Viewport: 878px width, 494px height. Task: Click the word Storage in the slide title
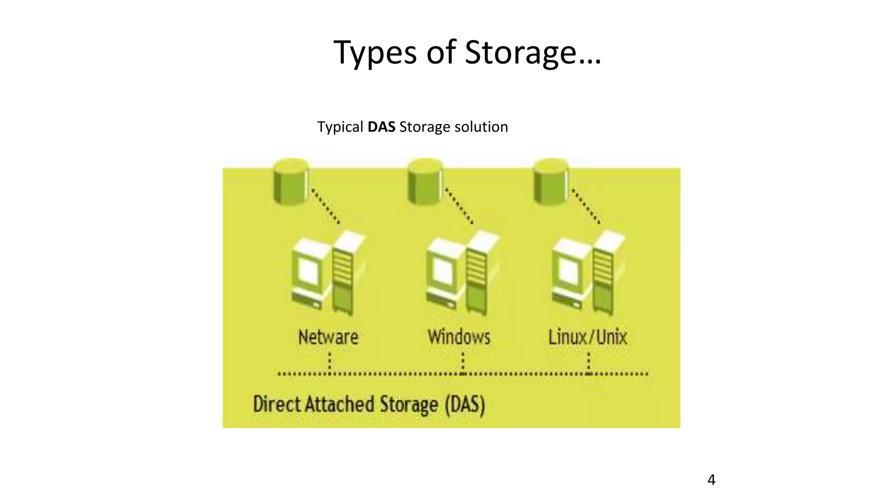tap(520, 52)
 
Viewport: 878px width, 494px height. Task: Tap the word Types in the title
tap(375, 52)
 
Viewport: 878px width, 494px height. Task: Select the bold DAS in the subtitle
tap(381, 127)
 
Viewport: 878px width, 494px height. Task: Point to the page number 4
tap(711, 479)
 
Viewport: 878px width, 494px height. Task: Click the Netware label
tap(328, 337)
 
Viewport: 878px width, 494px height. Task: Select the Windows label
tap(459, 337)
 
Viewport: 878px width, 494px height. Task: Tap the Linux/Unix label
tap(587, 337)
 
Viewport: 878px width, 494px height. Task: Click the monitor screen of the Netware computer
tap(308, 271)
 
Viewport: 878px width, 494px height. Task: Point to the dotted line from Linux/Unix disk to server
tap(586, 206)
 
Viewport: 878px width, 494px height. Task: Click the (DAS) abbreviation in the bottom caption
tap(465, 404)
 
